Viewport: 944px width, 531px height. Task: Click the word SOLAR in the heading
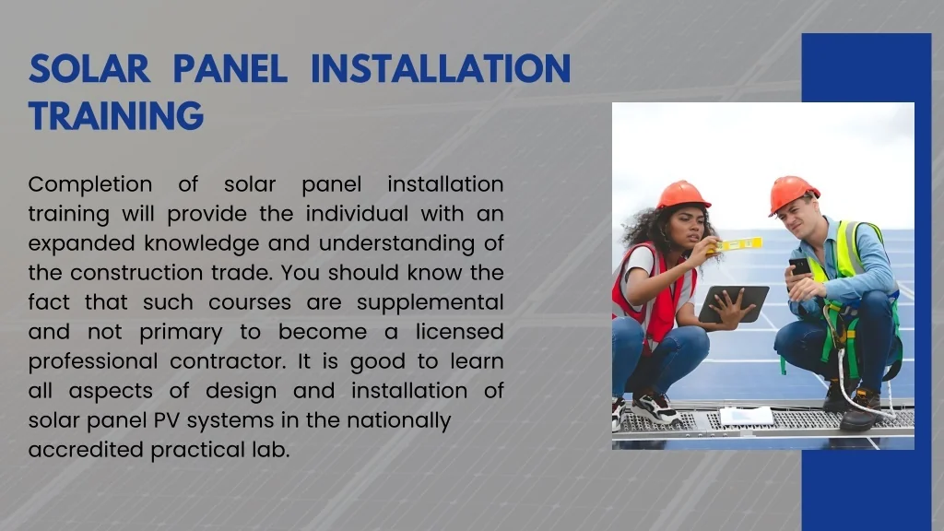point(88,69)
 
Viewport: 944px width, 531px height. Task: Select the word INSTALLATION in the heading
point(440,69)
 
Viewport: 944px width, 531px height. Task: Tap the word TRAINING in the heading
point(115,116)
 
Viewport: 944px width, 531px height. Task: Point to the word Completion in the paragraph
point(90,184)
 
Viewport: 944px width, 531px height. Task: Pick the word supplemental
point(430,302)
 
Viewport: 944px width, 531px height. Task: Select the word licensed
point(459,332)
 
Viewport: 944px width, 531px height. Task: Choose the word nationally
point(398,420)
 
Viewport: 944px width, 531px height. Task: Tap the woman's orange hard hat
point(682,195)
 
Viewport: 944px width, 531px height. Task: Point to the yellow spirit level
point(740,244)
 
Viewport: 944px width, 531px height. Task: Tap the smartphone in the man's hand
point(799,266)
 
